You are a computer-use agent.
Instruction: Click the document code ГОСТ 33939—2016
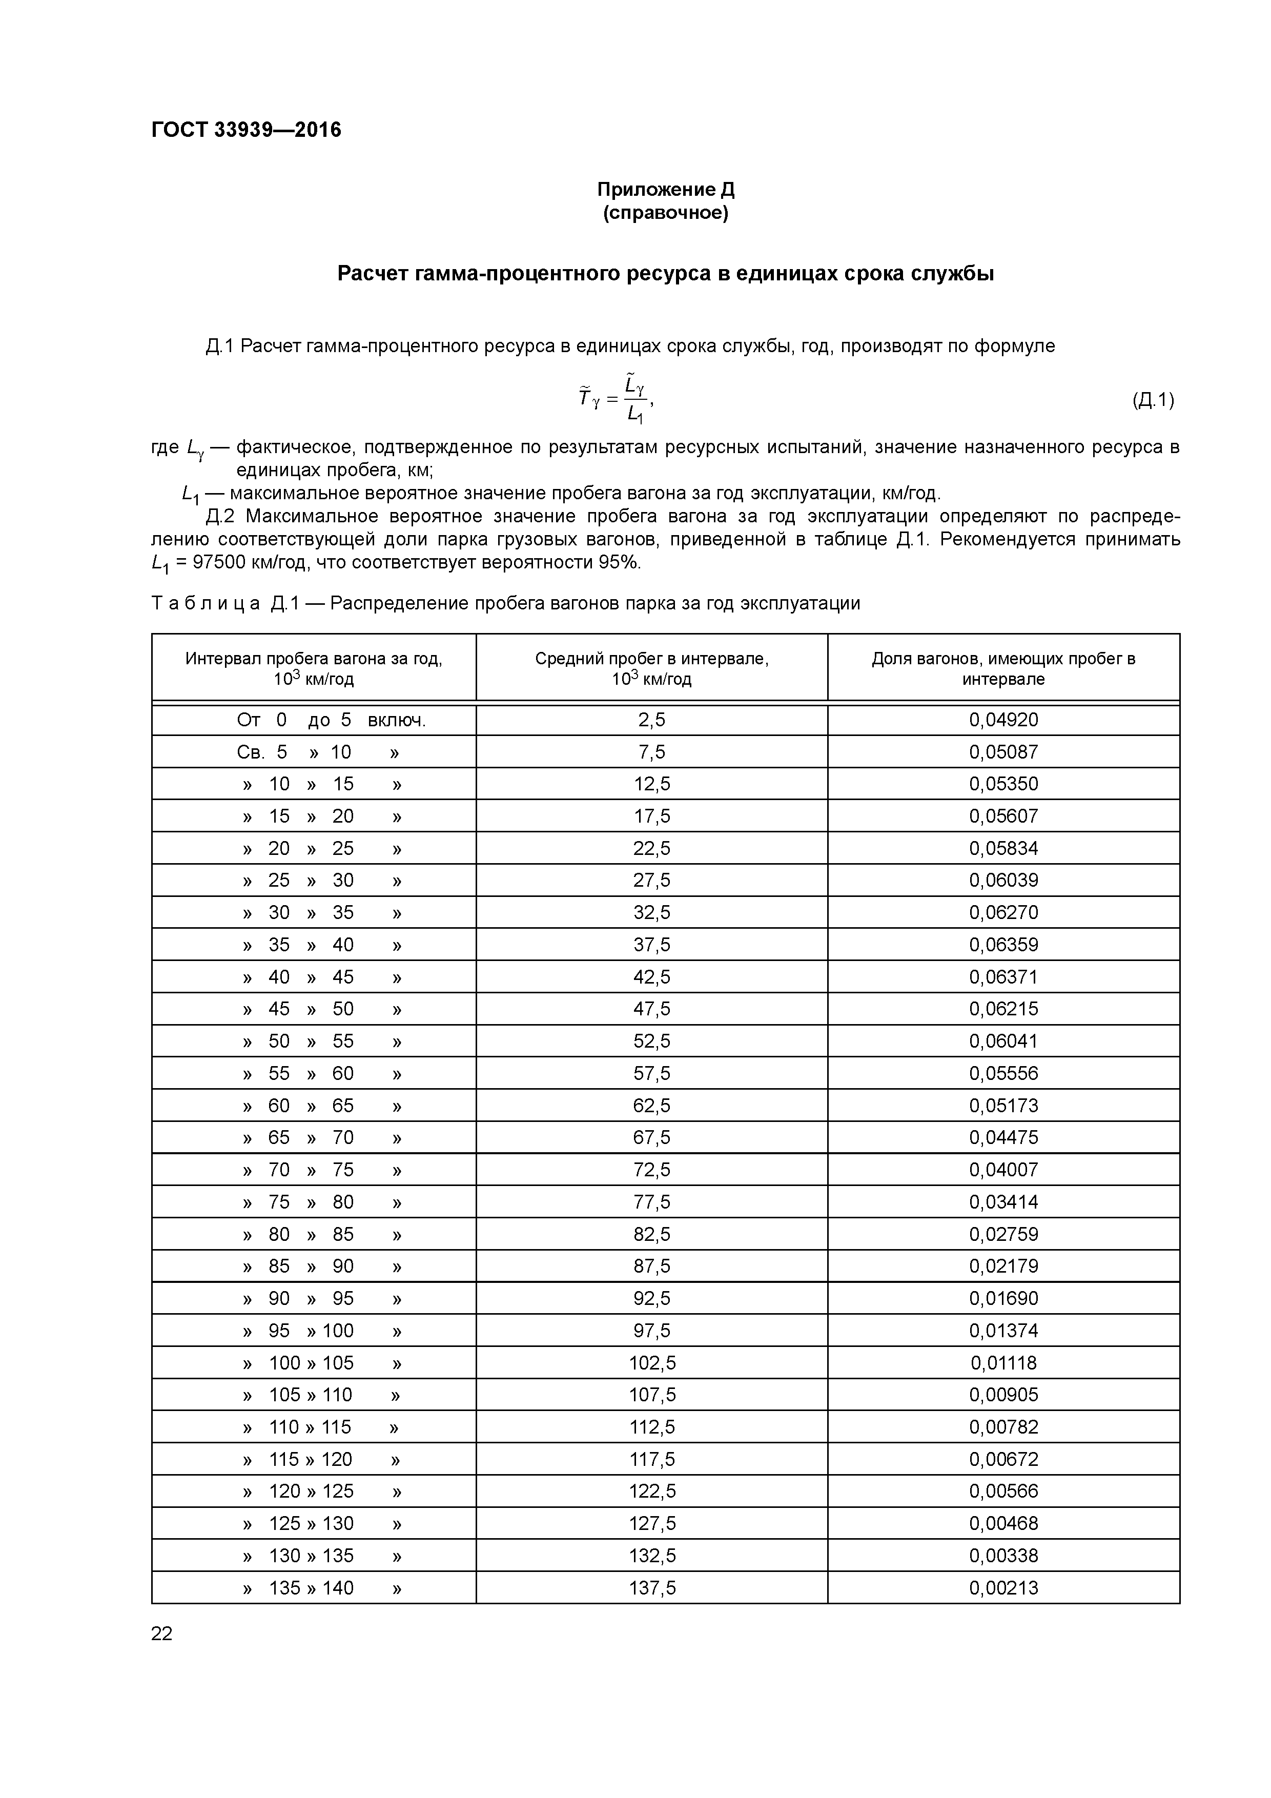(x=246, y=130)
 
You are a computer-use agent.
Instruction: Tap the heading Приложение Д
(x=666, y=190)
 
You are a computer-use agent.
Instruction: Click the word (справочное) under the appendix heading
(x=666, y=213)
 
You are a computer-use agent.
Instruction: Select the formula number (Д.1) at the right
(x=1153, y=400)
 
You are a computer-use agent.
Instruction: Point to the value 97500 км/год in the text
(x=251, y=562)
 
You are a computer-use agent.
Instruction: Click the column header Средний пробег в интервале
(x=651, y=668)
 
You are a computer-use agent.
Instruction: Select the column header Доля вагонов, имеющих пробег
(x=1003, y=668)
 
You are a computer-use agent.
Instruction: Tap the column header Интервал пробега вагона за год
(x=313, y=668)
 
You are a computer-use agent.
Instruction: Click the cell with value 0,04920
(x=1003, y=720)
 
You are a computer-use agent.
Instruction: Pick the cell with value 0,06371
(x=1003, y=976)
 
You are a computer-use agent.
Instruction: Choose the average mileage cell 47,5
(x=651, y=1009)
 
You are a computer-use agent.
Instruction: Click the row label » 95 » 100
(x=321, y=1331)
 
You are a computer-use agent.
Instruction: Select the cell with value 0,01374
(x=1003, y=1331)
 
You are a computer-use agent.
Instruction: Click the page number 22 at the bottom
(x=162, y=1633)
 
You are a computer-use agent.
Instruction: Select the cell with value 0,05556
(x=1003, y=1073)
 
